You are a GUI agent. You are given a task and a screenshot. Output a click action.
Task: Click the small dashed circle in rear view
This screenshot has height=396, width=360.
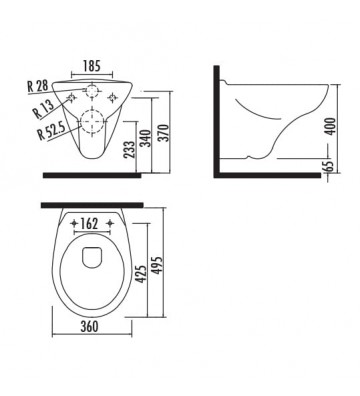[x=91, y=91]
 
